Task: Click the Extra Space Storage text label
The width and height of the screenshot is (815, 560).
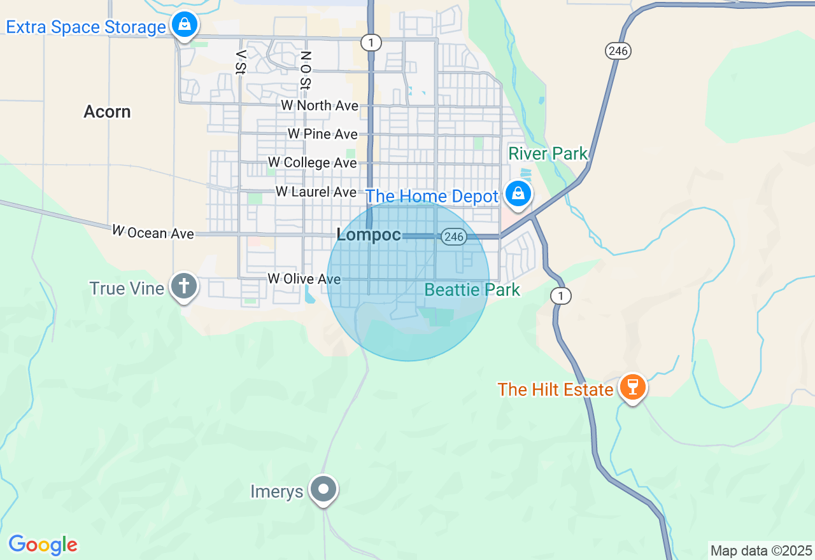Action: coord(86,27)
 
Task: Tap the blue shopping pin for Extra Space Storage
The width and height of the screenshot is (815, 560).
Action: coord(185,25)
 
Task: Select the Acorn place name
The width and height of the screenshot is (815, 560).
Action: coord(107,112)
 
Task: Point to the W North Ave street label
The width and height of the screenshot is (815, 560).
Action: coord(320,106)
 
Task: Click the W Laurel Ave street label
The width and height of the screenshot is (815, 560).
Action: coord(316,192)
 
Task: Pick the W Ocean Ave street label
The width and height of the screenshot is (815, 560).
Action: coord(153,233)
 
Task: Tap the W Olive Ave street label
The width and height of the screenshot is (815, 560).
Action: coord(304,279)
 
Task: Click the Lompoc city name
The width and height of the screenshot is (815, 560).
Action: coord(369,235)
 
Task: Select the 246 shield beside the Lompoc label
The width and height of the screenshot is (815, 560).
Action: coord(454,237)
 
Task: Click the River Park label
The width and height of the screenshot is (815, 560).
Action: coord(548,153)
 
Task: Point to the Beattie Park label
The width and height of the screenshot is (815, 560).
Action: coord(472,290)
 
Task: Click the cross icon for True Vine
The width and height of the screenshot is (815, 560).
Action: coord(184,286)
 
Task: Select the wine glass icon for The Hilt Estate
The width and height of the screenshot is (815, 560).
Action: coord(632,387)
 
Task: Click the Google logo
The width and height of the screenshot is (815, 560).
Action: coord(43,545)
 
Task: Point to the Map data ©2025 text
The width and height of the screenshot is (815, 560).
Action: coord(761,550)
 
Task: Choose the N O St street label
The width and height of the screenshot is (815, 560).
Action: coord(306,70)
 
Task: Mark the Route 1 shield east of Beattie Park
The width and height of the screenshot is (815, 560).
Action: coord(561,295)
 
